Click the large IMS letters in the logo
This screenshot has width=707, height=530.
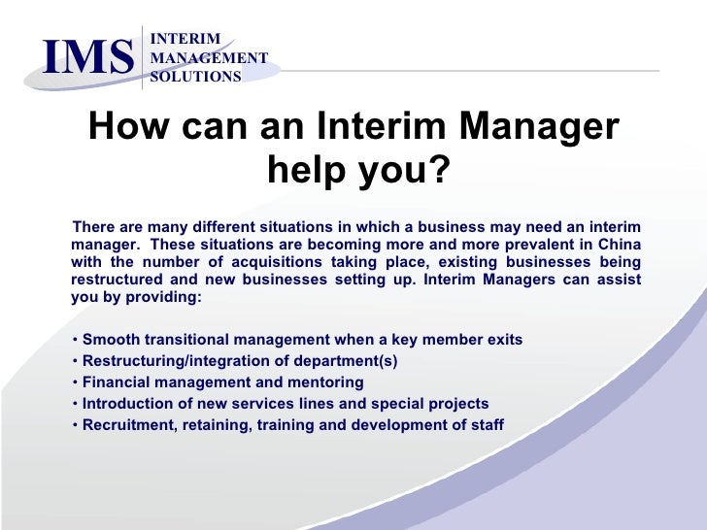tap(87, 57)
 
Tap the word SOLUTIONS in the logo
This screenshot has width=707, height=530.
tap(195, 77)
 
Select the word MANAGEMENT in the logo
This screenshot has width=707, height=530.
tap(208, 58)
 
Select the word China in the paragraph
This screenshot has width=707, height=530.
tap(618, 244)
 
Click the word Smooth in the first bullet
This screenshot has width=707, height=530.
tap(110, 340)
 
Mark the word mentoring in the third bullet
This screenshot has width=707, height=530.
tap(323, 382)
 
